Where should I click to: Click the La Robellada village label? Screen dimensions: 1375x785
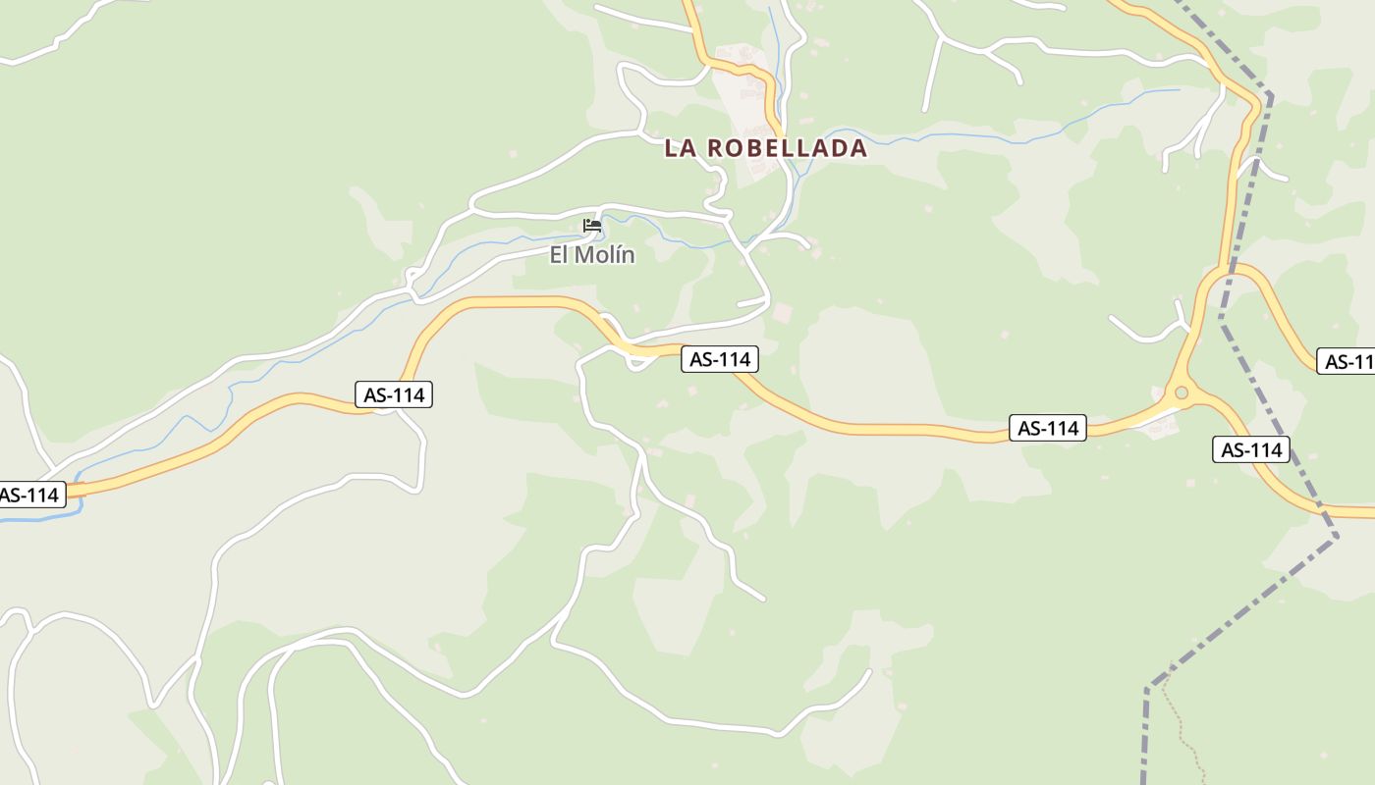pos(766,148)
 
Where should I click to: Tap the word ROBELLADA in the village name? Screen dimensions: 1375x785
pos(788,148)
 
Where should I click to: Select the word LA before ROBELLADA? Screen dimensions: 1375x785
pos(682,148)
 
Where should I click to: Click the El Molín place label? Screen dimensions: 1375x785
pos(591,255)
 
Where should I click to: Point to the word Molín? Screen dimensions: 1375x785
pos(605,255)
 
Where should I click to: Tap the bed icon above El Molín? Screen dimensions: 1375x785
pos(591,226)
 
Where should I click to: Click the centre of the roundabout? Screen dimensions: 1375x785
pos(1182,392)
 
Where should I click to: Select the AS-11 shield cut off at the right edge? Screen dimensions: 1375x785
pos(1347,361)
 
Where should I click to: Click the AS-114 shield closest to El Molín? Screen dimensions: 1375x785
pos(720,359)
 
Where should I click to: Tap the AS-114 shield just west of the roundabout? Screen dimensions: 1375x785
pos(1048,428)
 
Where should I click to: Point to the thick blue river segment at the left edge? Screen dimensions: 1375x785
pos(39,516)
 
